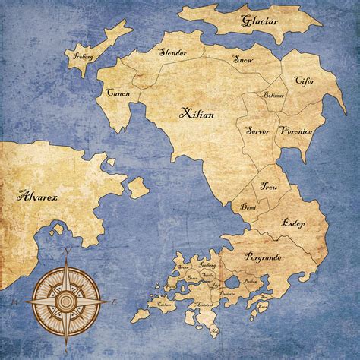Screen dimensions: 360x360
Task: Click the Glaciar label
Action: (x=257, y=21)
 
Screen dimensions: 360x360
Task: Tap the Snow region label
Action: (x=242, y=58)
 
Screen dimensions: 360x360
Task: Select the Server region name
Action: (x=258, y=131)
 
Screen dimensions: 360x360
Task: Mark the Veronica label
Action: (x=295, y=131)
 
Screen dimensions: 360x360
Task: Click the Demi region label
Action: (x=248, y=206)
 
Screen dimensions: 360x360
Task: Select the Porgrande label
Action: (x=263, y=257)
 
